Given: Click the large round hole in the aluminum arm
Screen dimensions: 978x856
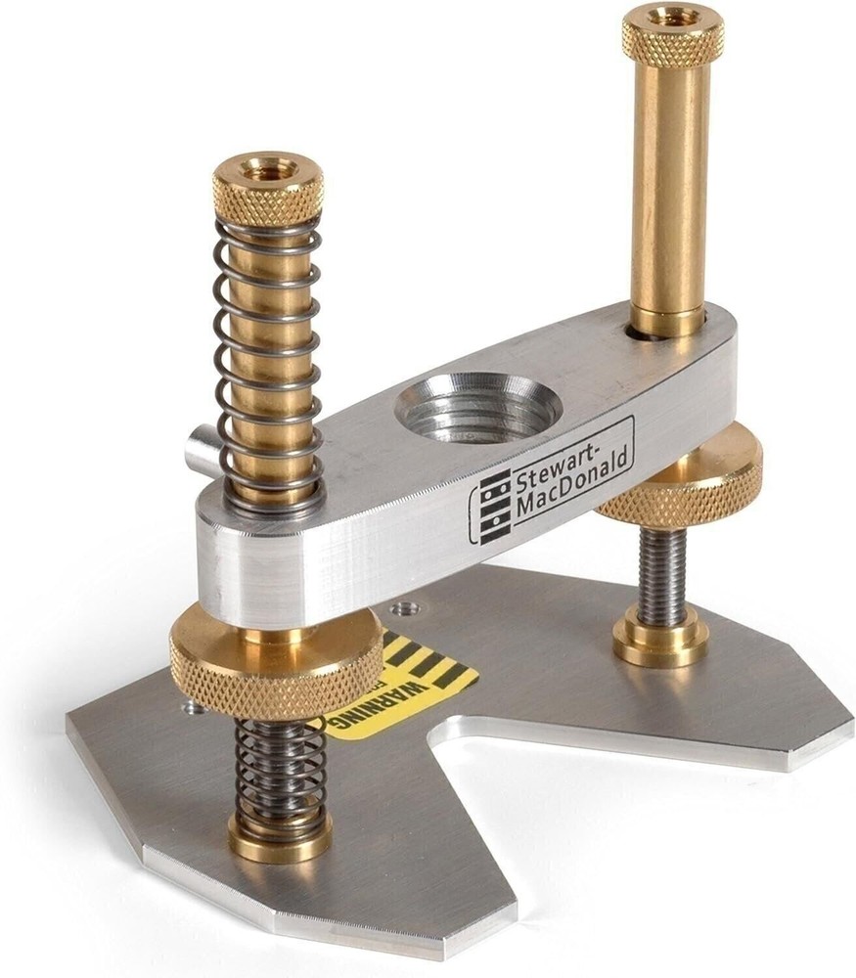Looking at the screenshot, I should (x=477, y=402).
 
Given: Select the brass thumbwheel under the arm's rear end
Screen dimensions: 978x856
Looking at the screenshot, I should (x=685, y=479).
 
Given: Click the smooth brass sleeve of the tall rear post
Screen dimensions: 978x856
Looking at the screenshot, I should (x=669, y=186).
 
